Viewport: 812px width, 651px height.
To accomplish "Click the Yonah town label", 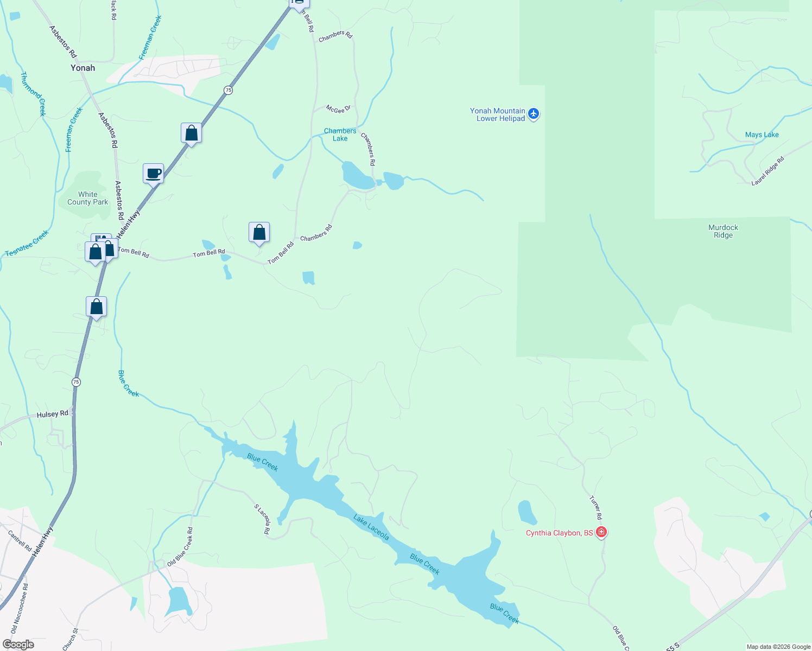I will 83,68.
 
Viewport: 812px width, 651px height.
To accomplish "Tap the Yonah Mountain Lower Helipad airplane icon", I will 534,114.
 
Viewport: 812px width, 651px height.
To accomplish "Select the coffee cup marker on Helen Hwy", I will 154,174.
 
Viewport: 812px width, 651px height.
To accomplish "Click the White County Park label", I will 87,198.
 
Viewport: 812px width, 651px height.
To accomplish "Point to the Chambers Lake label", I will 340,135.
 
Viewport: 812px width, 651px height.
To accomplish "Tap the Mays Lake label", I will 762,135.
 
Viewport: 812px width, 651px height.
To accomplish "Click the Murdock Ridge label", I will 723,231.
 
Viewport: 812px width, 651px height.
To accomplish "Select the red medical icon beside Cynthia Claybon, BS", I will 601,532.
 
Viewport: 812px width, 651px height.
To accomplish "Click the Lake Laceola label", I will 371,527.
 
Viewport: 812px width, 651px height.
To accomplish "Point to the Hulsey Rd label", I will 53,414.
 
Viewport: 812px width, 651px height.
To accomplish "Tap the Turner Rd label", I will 595,507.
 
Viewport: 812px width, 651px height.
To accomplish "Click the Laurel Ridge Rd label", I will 767,171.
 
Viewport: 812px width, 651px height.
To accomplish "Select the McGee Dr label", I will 338,109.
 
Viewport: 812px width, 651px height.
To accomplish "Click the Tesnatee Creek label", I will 27,244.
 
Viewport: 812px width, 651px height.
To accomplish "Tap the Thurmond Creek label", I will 33,93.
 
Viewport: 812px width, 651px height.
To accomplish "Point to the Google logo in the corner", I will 18,644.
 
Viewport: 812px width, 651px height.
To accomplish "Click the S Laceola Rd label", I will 262,519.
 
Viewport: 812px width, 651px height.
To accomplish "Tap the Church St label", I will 71,639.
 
